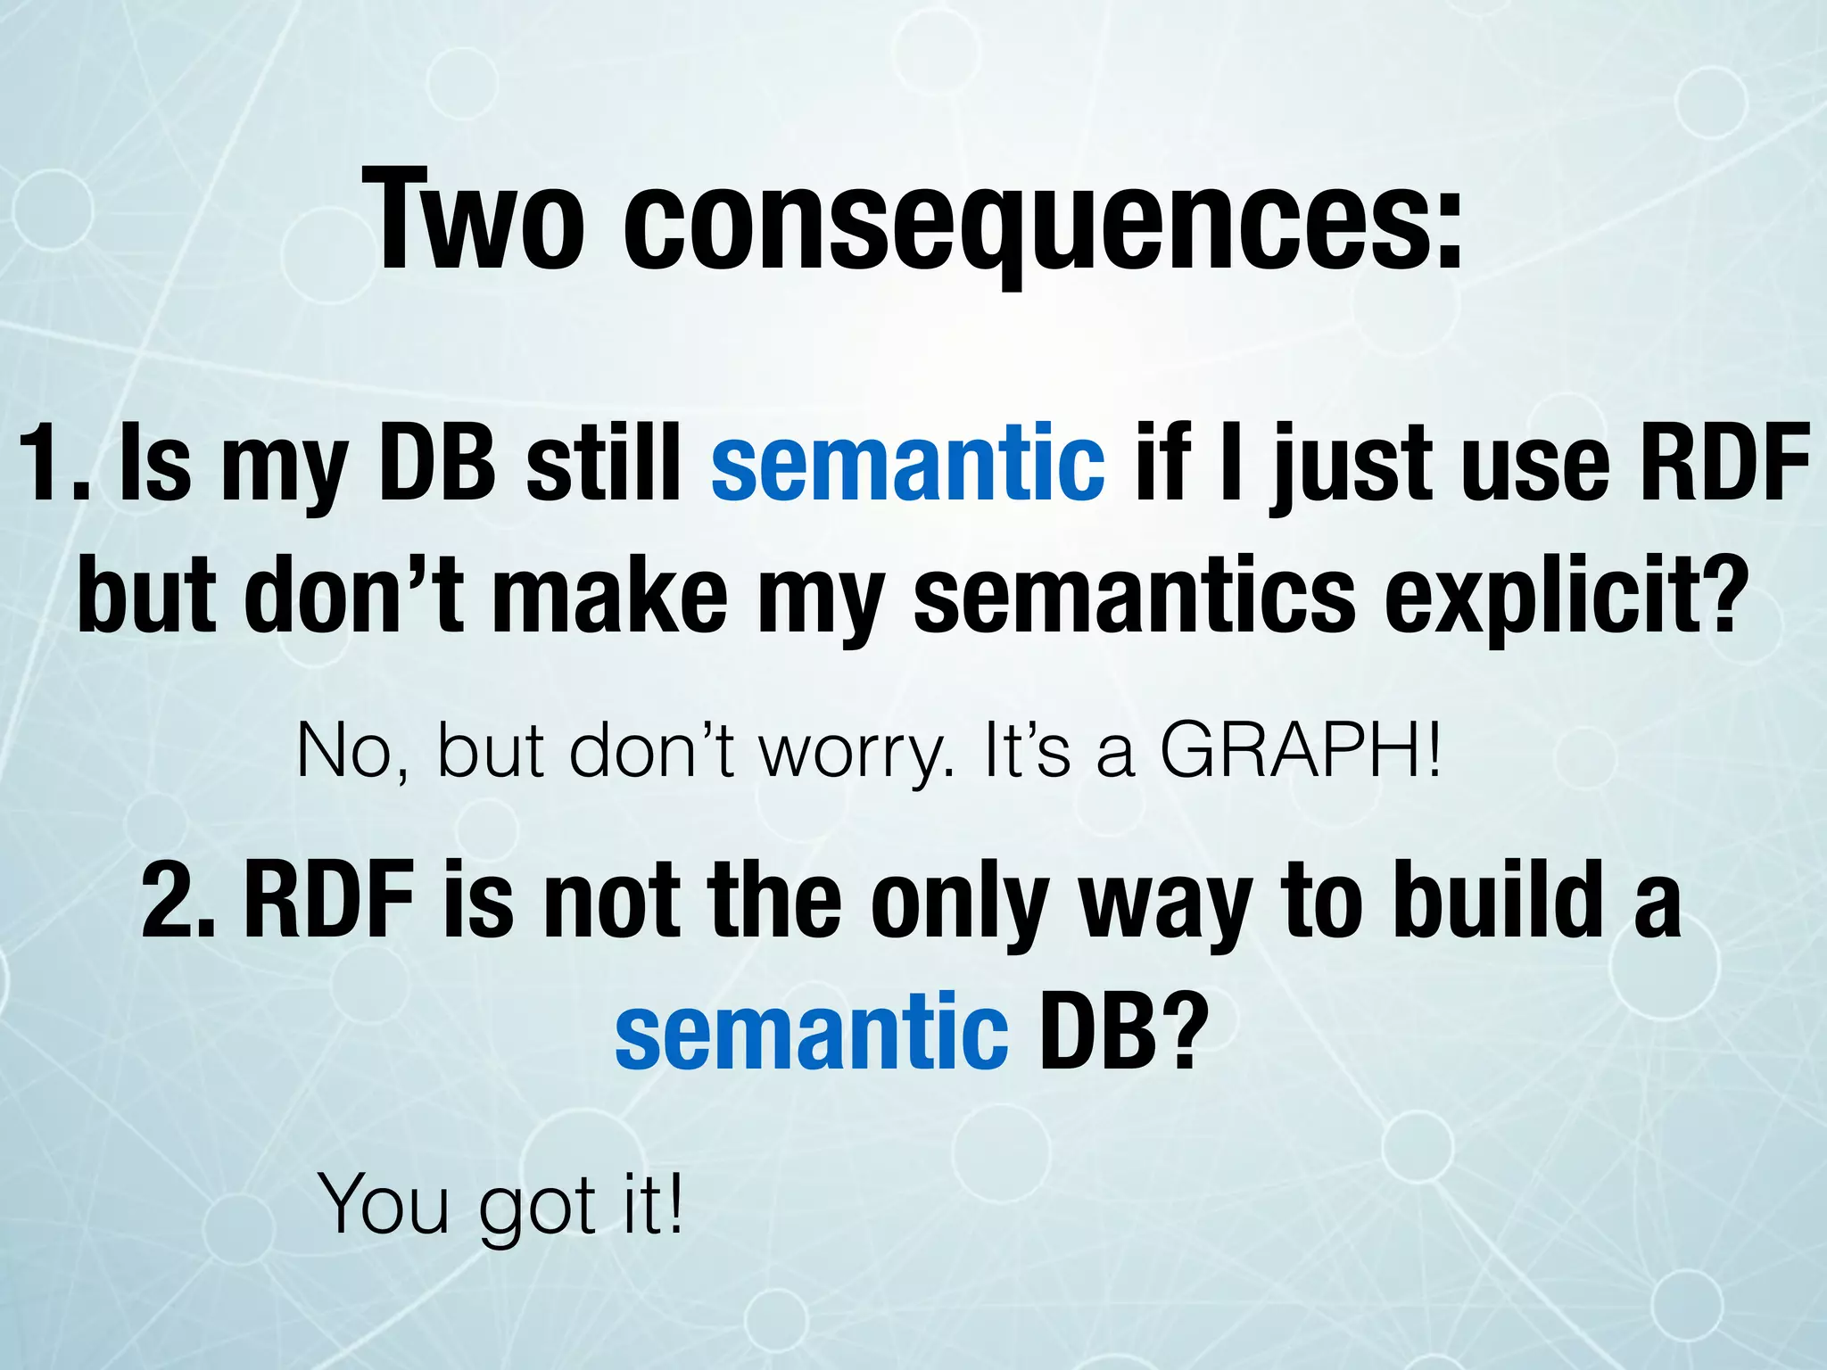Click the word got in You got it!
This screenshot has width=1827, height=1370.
click(x=537, y=1209)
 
